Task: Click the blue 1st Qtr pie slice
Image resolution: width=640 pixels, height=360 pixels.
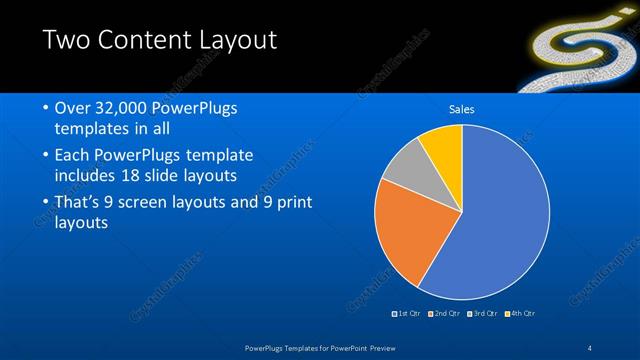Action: (x=500, y=215)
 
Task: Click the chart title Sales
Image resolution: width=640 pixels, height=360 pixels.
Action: (x=461, y=109)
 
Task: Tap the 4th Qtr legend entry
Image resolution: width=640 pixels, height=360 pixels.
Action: (x=521, y=314)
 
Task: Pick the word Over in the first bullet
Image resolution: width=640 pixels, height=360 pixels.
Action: (x=73, y=108)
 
